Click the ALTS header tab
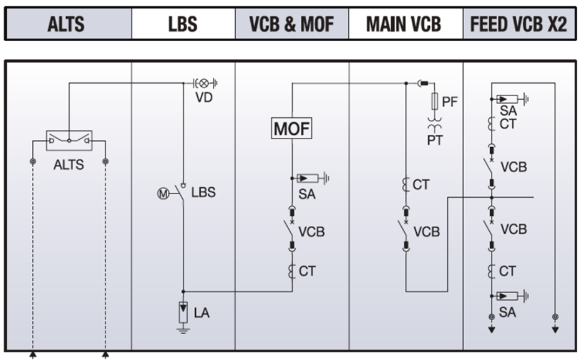66,24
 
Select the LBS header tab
183,24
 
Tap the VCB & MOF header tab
291,24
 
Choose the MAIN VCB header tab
404,24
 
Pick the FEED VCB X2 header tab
518,24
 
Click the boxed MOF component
291,129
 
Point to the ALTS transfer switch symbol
69,141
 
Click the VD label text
204,98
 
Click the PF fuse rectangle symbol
434,100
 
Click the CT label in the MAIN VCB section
421,185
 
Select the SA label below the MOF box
307,195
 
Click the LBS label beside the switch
203,192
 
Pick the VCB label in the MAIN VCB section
427,232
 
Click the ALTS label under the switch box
69,165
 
